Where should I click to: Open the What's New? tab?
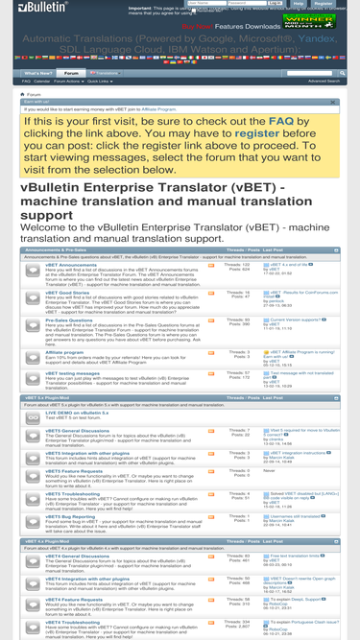[37, 73]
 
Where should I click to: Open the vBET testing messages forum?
[56, 373]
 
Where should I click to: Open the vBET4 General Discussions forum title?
[64, 557]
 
